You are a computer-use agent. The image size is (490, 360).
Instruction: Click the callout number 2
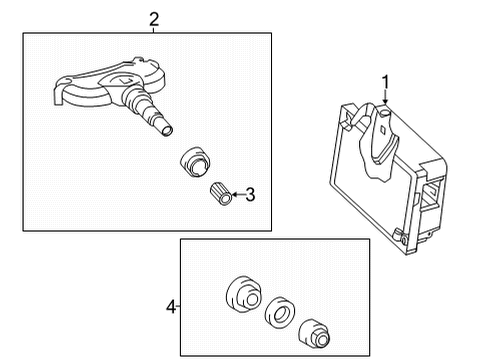(153, 17)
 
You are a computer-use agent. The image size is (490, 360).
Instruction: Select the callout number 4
(171, 307)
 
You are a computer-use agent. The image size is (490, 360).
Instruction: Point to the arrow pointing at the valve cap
(237, 195)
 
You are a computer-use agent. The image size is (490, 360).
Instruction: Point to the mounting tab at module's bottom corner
(401, 266)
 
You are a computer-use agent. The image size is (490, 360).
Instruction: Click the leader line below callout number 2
(153, 29)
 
